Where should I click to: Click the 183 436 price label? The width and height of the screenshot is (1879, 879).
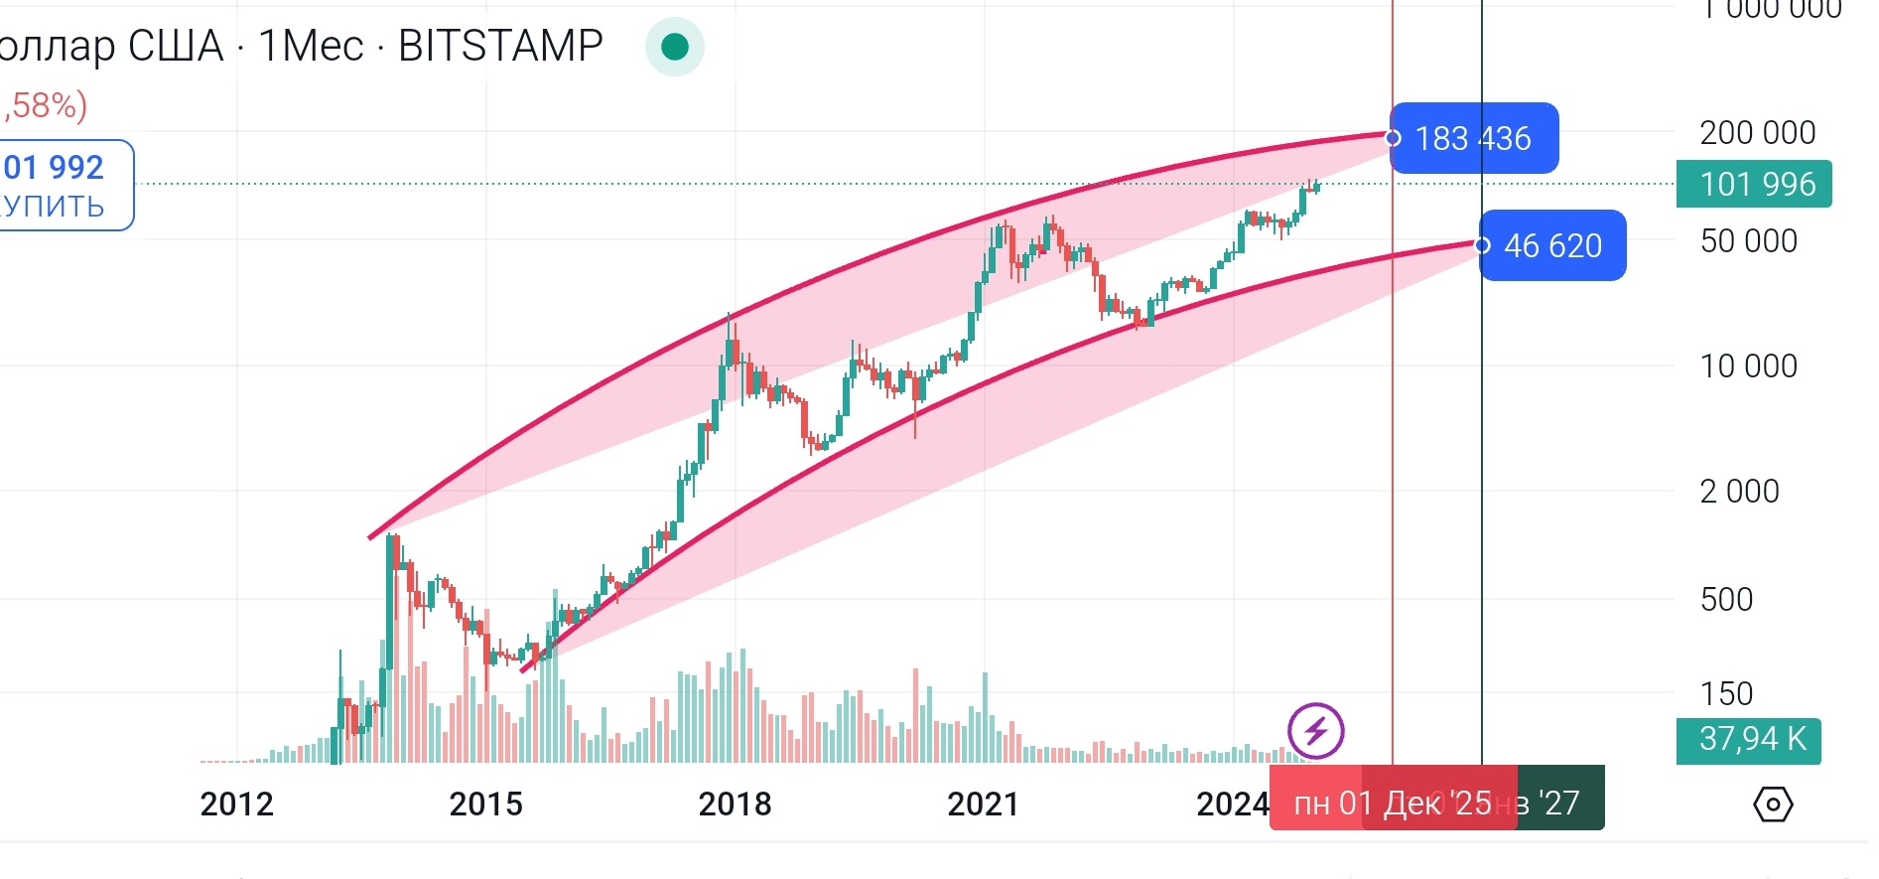pyautogui.click(x=1474, y=138)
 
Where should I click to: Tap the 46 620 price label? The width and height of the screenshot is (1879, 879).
pyautogui.click(x=1553, y=245)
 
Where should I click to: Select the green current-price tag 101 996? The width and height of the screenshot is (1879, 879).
pyautogui.click(x=1754, y=184)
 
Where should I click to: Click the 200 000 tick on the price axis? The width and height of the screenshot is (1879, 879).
pyautogui.click(x=1757, y=132)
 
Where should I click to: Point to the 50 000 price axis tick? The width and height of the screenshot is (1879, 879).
pyautogui.click(x=1748, y=240)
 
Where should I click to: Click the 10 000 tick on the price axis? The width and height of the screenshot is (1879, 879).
pyautogui.click(x=1748, y=366)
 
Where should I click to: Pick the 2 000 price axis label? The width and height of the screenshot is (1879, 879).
pyautogui.click(x=1739, y=491)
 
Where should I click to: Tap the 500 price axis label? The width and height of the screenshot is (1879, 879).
pyautogui.click(x=1726, y=599)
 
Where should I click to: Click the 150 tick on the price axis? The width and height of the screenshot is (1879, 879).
pyautogui.click(x=1726, y=693)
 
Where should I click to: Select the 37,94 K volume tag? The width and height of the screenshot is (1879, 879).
pyautogui.click(x=1749, y=739)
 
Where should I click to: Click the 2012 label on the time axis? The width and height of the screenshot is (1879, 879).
pyautogui.click(x=236, y=804)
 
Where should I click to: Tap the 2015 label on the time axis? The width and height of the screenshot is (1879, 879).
pyautogui.click(x=485, y=804)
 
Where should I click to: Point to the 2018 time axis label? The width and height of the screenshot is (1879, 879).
pyautogui.click(x=735, y=804)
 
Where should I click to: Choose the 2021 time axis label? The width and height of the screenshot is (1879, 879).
pyautogui.click(x=983, y=804)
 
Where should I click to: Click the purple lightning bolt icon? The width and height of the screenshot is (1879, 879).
pyautogui.click(x=1316, y=731)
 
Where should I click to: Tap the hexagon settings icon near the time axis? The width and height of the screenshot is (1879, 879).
pyautogui.click(x=1773, y=804)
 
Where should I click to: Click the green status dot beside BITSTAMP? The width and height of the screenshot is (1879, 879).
pyautogui.click(x=675, y=47)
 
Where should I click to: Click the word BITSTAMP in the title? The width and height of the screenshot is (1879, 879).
pyautogui.click(x=500, y=46)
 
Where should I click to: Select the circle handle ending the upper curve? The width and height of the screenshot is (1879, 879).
pyautogui.click(x=1393, y=138)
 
